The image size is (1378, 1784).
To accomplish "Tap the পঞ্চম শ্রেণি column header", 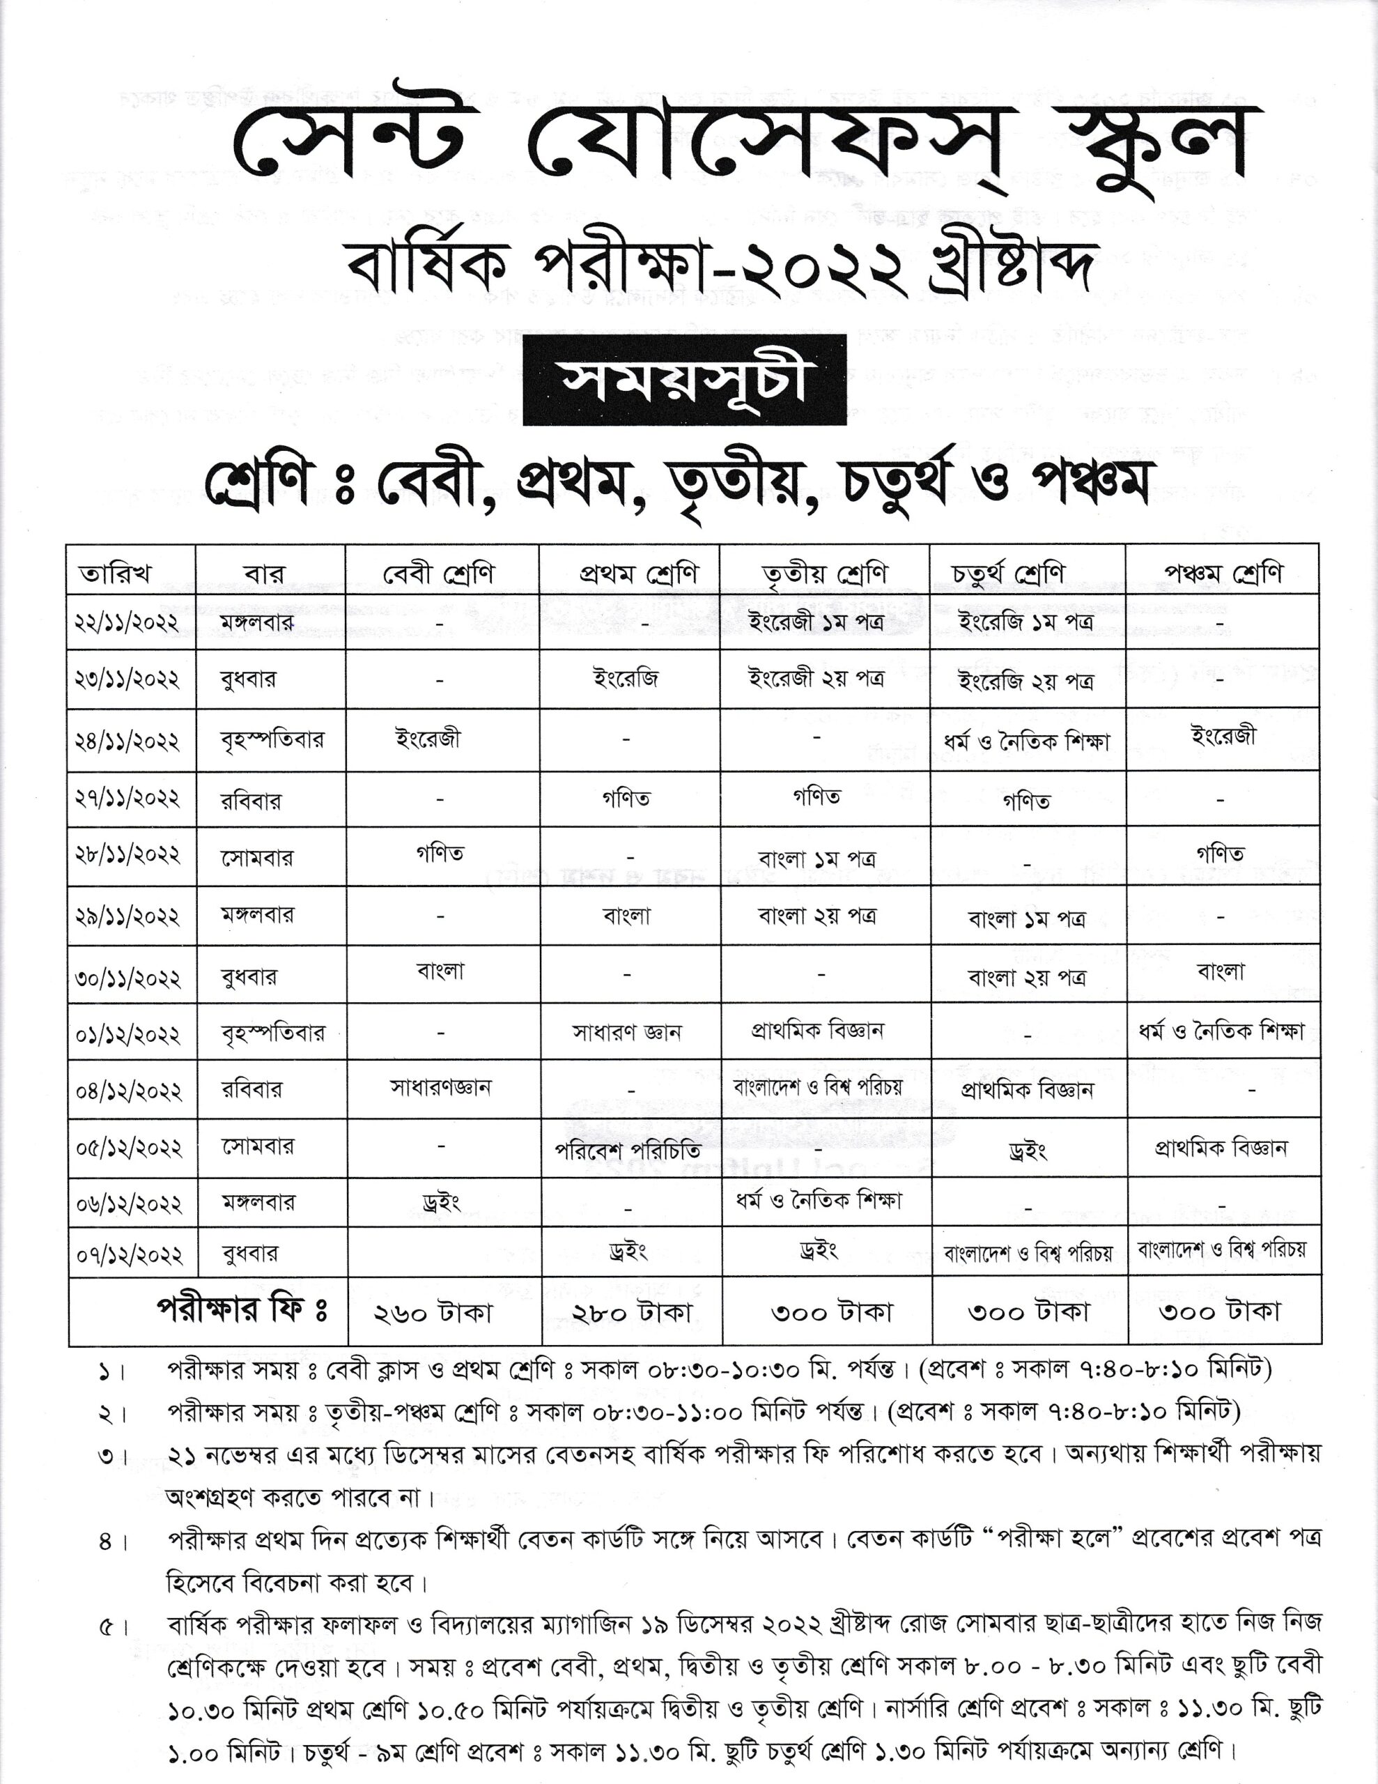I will [x=1223, y=574].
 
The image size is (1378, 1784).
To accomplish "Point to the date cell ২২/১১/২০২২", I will [x=127, y=622].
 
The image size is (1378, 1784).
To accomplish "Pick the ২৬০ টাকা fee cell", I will [x=434, y=1313].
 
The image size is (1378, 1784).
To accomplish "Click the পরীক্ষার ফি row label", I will [x=242, y=1310].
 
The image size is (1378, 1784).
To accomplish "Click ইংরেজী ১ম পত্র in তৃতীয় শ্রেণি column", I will [x=816, y=622].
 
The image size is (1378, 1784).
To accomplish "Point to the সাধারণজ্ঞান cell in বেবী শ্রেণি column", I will [x=440, y=1087].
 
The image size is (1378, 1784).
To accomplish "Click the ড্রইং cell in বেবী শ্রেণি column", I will [x=441, y=1202].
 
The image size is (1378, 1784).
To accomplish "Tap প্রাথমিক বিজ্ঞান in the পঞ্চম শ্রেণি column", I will [x=1221, y=1148].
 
